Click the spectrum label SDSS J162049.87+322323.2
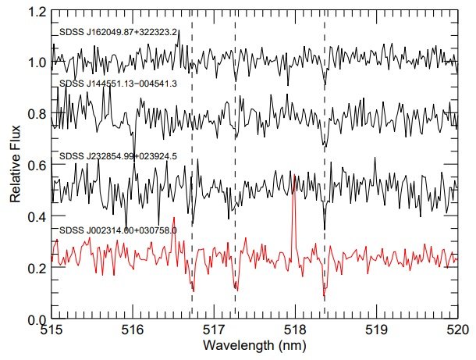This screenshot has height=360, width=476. tap(119, 34)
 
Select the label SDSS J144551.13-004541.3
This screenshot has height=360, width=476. tap(119, 84)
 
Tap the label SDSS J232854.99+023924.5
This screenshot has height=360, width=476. tap(119, 156)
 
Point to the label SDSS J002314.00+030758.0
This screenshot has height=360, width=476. tap(119, 230)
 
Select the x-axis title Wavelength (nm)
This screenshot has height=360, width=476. tap(254, 344)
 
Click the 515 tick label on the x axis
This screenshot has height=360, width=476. tap(52, 331)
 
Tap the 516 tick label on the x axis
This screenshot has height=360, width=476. tap(133, 331)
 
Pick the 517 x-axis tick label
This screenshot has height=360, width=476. tap(214, 331)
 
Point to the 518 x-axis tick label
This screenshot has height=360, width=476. tap(295, 331)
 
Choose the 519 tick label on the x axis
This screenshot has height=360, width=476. tap(376, 331)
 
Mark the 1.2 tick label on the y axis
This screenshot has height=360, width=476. tap(37, 11)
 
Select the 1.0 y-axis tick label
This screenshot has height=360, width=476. tap(37, 62)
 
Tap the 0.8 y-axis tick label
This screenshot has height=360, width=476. tap(37, 114)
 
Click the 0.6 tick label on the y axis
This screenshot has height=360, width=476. tap(37, 166)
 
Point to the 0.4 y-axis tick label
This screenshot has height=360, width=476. tap(37, 217)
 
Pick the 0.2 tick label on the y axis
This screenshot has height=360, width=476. tap(37, 269)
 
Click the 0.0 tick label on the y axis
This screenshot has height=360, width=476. tap(37, 319)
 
